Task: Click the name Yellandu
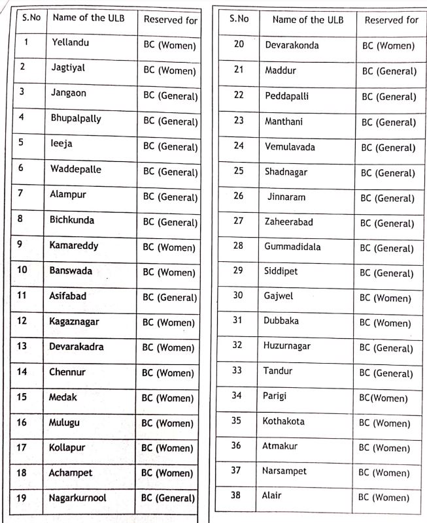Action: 70,43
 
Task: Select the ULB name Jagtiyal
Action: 68,67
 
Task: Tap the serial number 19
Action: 21,498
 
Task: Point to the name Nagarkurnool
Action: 77,498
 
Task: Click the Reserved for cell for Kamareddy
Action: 169,248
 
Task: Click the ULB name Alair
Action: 271,496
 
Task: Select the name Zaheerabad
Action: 288,222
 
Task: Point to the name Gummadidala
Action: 292,247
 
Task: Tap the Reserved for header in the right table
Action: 391,20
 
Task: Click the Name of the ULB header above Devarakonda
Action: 307,20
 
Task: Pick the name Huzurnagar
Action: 287,346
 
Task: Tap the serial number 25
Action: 238,172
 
